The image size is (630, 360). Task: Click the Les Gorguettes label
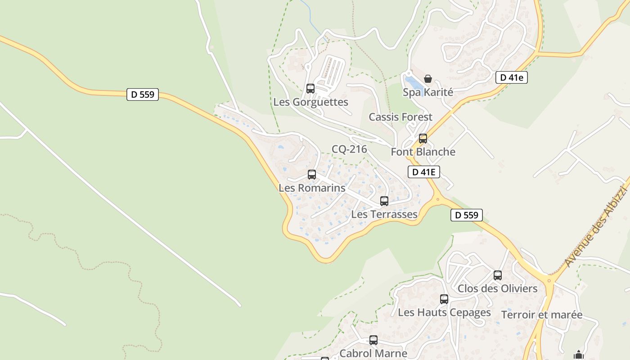[310, 102]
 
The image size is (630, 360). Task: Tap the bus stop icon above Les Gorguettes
[310, 88]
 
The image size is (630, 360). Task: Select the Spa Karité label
[427, 92]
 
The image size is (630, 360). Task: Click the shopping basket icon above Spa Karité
[428, 79]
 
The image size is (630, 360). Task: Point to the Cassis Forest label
[400, 117]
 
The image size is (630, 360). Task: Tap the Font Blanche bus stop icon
[423, 138]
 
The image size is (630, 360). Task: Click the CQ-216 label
[349, 149]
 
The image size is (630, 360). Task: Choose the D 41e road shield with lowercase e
[512, 77]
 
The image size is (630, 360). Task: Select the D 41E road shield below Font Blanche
[423, 171]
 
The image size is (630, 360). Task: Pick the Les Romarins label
[312, 188]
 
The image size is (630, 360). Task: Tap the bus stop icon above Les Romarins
[312, 175]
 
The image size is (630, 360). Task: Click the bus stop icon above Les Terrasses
[384, 201]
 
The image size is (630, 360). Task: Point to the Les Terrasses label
[384, 214]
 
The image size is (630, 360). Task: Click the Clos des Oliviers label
[497, 288]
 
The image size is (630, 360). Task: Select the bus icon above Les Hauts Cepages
[444, 299]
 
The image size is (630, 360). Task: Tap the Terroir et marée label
[542, 315]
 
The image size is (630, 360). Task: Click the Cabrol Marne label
[373, 353]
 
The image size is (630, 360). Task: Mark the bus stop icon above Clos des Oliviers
[498, 275]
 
